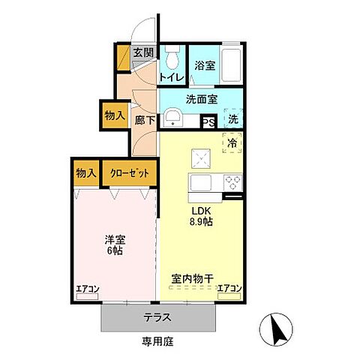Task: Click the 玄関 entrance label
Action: [x=143, y=52]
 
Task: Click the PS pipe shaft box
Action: [x=208, y=121]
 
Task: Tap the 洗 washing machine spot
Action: [x=233, y=119]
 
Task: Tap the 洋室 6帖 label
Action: [x=114, y=245]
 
